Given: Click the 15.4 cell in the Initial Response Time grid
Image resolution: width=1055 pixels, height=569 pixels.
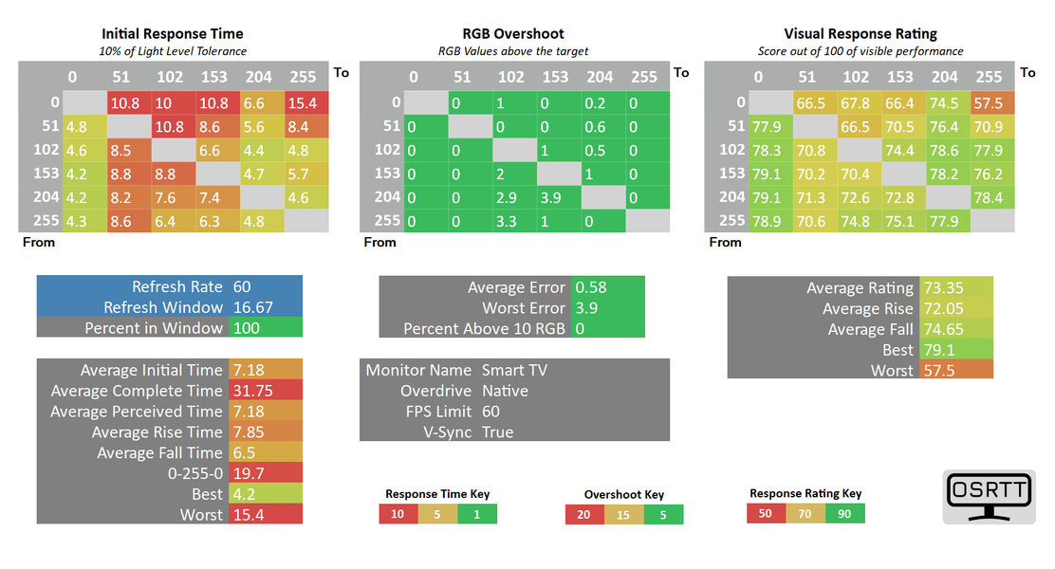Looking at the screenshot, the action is (306, 103).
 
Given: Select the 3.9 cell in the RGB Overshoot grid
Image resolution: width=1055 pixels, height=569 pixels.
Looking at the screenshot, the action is (560, 198).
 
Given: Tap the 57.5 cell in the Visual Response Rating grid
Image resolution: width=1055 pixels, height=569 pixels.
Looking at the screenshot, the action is (992, 103).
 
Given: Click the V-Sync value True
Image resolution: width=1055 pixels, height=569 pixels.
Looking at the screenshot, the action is (497, 432).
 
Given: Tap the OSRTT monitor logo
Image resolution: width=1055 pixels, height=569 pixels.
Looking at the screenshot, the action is (989, 496).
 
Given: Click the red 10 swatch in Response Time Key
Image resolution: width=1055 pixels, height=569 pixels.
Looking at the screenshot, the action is (398, 515).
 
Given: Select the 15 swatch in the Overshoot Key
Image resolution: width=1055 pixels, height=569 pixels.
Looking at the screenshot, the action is (623, 515).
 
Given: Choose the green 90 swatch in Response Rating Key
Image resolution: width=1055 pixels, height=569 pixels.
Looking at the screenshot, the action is (844, 514).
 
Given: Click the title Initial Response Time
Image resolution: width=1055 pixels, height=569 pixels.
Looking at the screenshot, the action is (173, 33).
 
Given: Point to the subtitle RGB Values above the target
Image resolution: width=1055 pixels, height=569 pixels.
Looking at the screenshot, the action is (512, 51).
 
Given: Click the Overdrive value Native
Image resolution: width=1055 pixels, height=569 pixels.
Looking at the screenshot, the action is (505, 391).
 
